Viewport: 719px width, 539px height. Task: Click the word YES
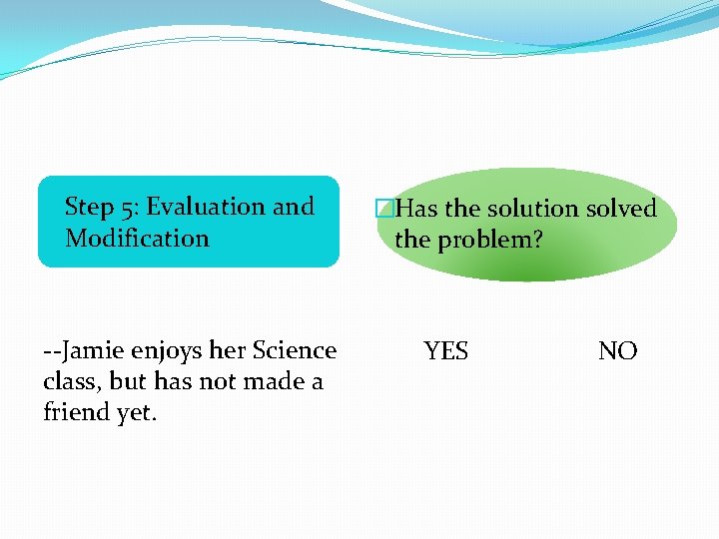[x=445, y=351]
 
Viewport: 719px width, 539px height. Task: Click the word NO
[x=617, y=351]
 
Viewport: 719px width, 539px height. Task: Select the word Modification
[x=137, y=239]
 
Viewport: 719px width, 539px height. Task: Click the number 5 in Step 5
[x=127, y=208]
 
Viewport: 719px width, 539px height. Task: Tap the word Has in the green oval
[x=416, y=209]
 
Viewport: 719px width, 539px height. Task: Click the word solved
[x=621, y=209]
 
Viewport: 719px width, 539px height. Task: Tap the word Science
[x=295, y=351]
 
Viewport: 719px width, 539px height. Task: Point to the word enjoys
[x=173, y=352]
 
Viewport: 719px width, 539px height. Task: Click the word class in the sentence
[x=72, y=382]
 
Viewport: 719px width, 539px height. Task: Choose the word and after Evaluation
[x=293, y=208]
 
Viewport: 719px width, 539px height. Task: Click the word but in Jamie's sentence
[x=128, y=382]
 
